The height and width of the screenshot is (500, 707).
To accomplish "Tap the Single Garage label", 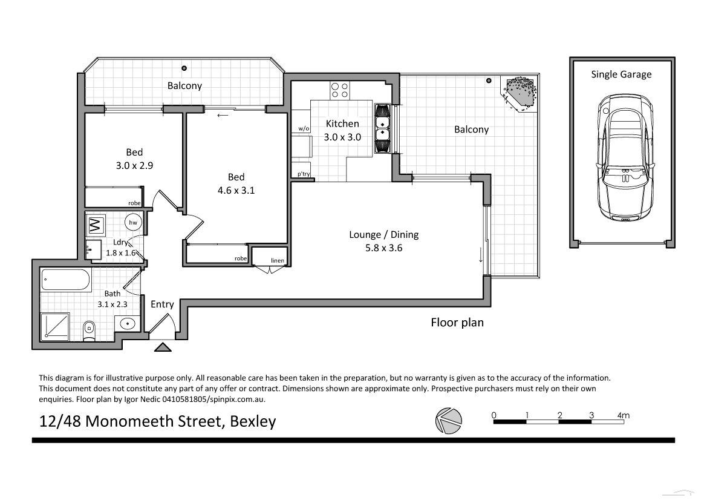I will pos(621,74).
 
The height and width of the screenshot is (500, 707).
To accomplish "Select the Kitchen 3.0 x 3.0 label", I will pos(342,130).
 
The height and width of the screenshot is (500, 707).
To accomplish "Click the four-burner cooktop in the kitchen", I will pos(339,90).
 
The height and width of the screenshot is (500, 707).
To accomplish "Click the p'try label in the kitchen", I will pos(302,175).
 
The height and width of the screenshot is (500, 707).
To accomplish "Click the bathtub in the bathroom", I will pos(66,280).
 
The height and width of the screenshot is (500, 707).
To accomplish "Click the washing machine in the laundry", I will pos(95,226).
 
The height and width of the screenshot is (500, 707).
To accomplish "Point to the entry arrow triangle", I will pos(163,347).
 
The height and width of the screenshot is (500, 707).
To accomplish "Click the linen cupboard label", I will pos(277,261).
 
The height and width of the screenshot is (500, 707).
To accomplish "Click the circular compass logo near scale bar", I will pos(448,419).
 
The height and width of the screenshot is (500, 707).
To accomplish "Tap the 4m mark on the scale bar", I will pos(622,415).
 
